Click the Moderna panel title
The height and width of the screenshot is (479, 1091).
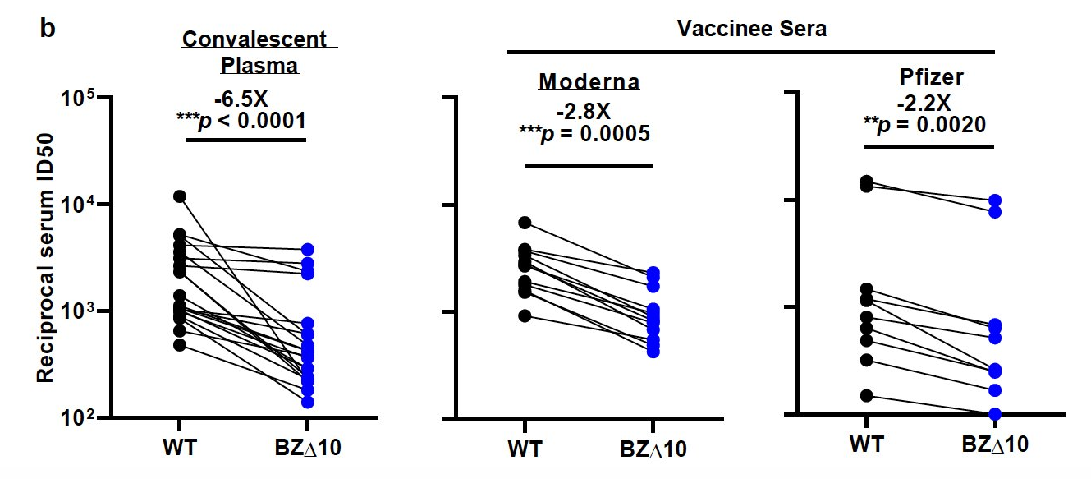589,82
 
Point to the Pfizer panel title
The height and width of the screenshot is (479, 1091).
929,78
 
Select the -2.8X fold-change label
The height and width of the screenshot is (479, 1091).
584,109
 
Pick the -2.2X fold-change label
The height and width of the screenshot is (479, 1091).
924,104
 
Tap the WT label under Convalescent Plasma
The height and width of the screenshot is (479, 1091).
180,448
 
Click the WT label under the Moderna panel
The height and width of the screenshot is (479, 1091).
525,449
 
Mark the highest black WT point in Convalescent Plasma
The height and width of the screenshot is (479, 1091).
180,196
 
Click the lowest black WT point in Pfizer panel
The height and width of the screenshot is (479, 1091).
866,396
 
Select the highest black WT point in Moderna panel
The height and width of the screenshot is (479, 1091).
525,223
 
